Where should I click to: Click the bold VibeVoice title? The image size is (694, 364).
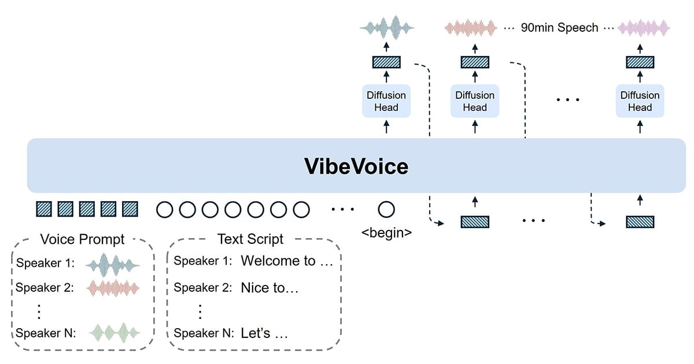(x=356, y=166)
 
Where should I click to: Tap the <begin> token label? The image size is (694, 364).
(x=386, y=233)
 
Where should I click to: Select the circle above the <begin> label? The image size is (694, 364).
(x=386, y=209)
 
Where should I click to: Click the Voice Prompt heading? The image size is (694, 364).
(x=82, y=239)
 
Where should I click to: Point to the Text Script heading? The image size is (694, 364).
(x=250, y=239)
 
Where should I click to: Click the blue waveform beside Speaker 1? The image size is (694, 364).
(x=113, y=264)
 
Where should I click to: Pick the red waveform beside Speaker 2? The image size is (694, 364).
(x=113, y=288)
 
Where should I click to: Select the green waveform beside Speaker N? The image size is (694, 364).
(x=113, y=333)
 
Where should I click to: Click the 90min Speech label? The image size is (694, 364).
(x=559, y=27)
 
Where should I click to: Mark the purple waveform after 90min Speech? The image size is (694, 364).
(x=644, y=27)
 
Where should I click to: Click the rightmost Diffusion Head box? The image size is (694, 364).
(x=640, y=101)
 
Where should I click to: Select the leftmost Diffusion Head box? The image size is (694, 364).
(x=386, y=101)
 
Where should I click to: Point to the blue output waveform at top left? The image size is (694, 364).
(x=386, y=27)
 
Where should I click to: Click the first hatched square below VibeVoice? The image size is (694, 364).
(x=44, y=209)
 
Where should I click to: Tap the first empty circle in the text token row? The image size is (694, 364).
(x=165, y=209)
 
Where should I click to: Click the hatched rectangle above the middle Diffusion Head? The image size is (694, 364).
(x=475, y=62)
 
